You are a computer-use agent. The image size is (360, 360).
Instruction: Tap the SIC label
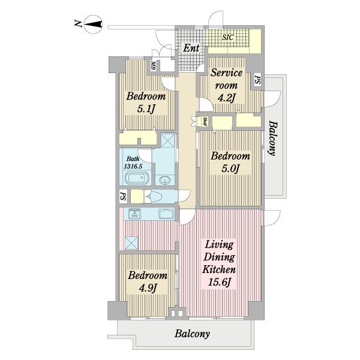pos(227,38)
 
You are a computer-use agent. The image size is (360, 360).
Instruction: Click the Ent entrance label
pos(191,48)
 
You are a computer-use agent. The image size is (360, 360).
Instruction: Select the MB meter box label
pos(152,65)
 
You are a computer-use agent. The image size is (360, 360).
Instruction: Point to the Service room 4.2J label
pos(226,86)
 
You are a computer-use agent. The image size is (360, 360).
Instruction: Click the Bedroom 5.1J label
pos(146,102)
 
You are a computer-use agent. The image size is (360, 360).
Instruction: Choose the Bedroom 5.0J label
pos(230,162)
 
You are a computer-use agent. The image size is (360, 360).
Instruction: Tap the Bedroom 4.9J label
pos(148,281)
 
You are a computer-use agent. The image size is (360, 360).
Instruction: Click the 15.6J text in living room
pos(219,282)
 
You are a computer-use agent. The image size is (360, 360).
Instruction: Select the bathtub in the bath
pos(136,178)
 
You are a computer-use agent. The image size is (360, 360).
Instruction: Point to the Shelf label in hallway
pos(205,122)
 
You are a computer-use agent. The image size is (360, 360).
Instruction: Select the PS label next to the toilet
pos(124,196)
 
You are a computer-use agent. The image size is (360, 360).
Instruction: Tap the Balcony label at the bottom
pos(192,334)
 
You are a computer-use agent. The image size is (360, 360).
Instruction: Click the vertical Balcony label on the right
pos(273,138)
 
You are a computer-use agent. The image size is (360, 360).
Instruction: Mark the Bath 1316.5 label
pos(133,163)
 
